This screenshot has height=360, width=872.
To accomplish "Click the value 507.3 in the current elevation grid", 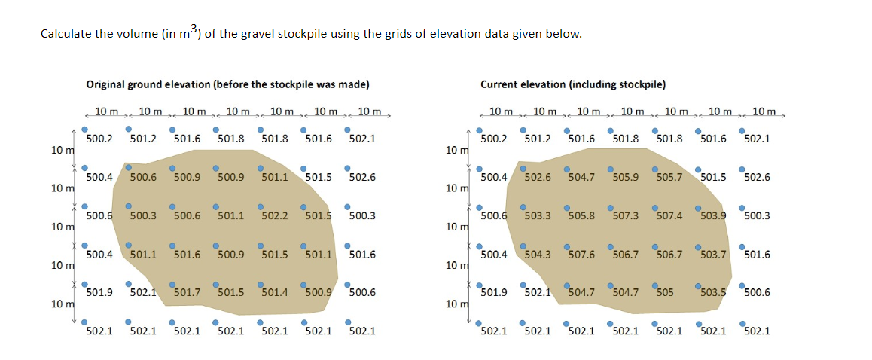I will [x=625, y=215].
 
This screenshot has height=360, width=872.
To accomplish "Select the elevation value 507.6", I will [x=581, y=254].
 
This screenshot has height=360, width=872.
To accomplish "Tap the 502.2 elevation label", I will [x=274, y=215].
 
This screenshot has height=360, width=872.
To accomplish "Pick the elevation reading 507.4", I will [x=669, y=215].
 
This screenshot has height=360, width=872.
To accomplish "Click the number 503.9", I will [x=713, y=215].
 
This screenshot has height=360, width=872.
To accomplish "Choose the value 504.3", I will [x=538, y=254].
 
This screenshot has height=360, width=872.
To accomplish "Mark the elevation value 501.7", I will [x=187, y=292].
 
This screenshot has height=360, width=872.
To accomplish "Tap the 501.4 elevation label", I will [x=274, y=292].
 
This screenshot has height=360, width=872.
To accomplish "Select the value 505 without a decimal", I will [x=663, y=292].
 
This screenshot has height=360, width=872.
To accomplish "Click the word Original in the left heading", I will [x=105, y=84].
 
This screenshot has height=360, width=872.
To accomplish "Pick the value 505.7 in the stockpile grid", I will [x=669, y=177].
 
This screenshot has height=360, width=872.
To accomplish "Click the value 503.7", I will [x=713, y=254].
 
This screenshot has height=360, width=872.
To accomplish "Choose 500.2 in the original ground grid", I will [x=99, y=139].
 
